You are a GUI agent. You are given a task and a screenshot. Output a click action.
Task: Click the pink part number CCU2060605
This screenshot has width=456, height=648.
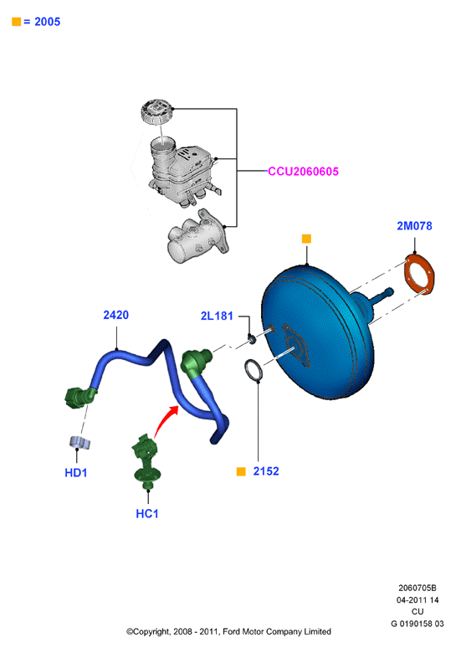303,172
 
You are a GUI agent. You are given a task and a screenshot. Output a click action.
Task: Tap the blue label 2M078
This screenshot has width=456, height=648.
414,226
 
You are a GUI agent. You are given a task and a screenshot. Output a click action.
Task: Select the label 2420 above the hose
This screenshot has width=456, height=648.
116,315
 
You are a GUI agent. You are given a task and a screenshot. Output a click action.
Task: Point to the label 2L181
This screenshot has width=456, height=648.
217,316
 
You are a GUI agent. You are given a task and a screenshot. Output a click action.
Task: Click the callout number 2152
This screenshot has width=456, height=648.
266,471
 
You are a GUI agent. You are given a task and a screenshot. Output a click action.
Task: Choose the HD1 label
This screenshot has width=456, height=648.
76,473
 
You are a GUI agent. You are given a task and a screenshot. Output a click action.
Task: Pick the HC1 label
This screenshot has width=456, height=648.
147,514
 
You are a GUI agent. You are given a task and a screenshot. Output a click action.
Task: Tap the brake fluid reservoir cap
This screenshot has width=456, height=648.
156,111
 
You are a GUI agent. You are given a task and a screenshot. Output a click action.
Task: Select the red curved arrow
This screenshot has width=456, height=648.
164,419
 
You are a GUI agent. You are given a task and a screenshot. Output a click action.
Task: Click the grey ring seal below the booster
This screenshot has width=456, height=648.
254,370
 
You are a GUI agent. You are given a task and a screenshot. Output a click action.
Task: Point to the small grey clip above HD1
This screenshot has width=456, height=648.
79,442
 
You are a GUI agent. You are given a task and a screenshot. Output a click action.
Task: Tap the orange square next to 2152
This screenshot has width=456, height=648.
241,471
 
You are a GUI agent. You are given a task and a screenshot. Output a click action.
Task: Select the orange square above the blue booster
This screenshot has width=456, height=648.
306,239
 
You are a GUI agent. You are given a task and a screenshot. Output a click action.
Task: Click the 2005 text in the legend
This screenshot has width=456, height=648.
48,22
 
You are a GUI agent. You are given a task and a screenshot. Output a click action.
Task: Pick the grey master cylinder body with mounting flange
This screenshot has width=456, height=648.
197,237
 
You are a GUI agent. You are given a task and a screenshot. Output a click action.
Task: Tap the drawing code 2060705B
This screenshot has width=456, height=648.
418,588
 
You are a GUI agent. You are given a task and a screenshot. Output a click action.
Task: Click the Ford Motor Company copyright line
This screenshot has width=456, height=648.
228,631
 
